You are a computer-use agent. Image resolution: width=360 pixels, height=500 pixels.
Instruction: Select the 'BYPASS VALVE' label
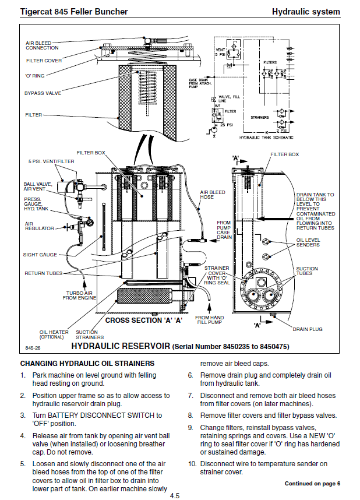[43, 93]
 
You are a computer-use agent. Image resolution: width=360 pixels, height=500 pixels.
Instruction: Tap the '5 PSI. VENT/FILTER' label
[43, 161]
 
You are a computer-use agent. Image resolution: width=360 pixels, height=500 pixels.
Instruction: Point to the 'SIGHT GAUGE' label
[40, 254]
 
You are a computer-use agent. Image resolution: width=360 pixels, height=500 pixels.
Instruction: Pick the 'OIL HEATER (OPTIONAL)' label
[54, 334]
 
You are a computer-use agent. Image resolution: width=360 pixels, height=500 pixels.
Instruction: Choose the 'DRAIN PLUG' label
[307, 329]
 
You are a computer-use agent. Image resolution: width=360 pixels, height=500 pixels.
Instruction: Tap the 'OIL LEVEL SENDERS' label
[308, 242]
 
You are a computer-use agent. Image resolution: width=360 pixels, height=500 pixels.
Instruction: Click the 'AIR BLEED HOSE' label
[212, 195]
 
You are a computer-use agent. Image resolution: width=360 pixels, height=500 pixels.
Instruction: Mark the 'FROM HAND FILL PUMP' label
[210, 321]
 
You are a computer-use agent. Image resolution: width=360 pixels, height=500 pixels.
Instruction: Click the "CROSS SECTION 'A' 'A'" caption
[144, 320]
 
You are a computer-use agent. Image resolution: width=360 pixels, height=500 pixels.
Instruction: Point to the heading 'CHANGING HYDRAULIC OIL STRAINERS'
[87, 363]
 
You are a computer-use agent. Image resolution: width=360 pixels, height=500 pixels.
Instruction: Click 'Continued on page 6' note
[312, 483]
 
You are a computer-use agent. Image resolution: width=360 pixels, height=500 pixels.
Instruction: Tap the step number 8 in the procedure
[190, 416]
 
